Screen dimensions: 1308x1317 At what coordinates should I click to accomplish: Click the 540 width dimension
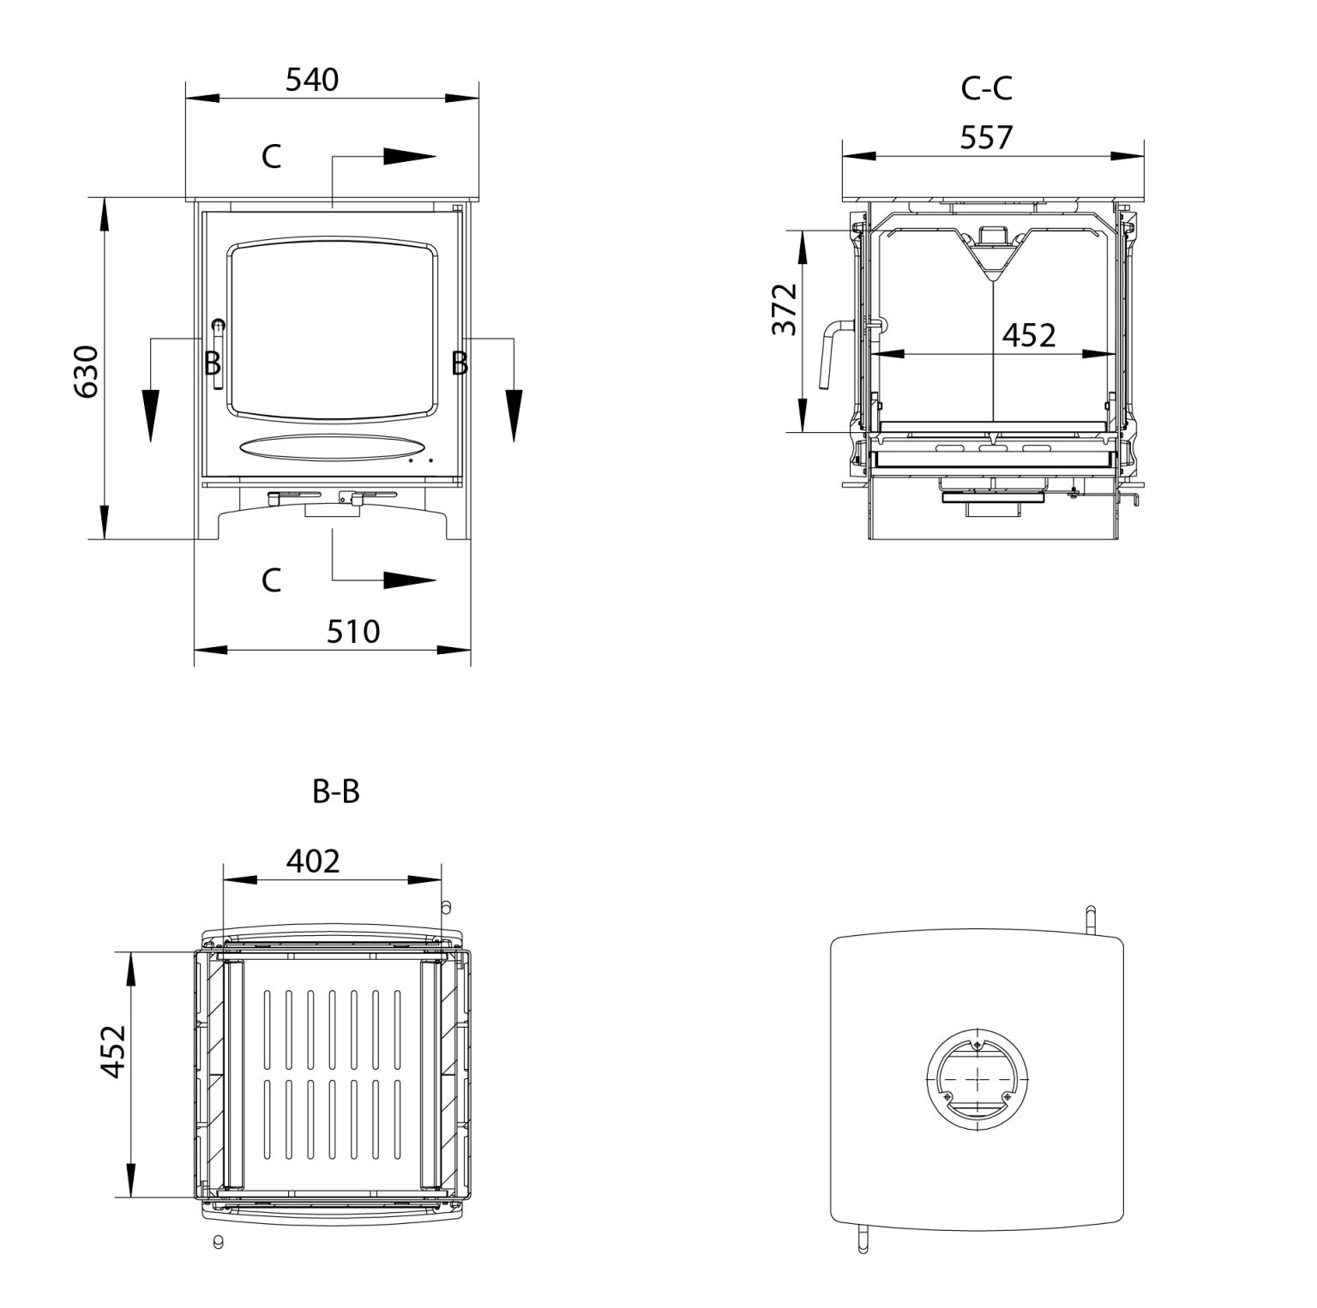tap(312, 80)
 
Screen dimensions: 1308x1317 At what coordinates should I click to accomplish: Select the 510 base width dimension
tap(352, 632)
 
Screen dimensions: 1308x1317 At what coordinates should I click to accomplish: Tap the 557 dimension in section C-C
tap(986, 137)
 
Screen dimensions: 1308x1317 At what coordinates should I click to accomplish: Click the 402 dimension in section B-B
tap(313, 861)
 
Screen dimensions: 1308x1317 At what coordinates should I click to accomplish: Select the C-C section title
tap(986, 88)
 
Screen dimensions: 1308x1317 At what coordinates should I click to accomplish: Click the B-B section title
tap(335, 793)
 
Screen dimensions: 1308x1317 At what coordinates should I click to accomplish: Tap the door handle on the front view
tap(218, 351)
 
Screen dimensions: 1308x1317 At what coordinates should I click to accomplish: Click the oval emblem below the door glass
tap(332, 447)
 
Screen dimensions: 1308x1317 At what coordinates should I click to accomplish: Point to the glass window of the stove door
tap(332, 330)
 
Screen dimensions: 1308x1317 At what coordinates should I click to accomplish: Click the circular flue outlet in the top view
tap(976, 1077)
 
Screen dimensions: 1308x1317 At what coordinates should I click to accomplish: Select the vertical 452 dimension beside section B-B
tap(112, 1051)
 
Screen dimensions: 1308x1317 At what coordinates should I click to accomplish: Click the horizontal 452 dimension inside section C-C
tap(1029, 335)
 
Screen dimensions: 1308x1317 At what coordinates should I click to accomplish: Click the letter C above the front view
tap(271, 157)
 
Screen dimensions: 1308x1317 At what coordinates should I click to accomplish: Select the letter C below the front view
tap(271, 580)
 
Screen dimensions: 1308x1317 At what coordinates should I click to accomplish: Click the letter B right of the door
tap(460, 363)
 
